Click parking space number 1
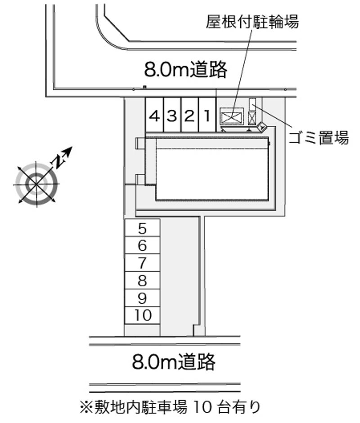pyautogui.click(x=207, y=115)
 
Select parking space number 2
pyautogui.click(x=189, y=115)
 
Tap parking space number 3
pyautogui.click(x=172, y=115)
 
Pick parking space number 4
pyautogui.click(x=154, y=115)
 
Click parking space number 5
pyautogui.click(x=142, y=228)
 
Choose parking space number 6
pyautogui.click(x=142, y=245)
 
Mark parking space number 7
pyautogui.click(x=142, y=263)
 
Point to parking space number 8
pyautogui.click(x=142, y=281)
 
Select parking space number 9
pyautogui.click(x=142, y=298)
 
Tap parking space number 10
pyautogui.click(x=142, y=316)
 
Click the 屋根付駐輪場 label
pyautogui.click(x=252, y=21)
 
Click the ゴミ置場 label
pyautogui.click(x=319, y=138)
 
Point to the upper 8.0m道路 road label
pyautogui.click(x=185, y=70)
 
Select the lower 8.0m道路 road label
pyautogui.click(x=174, y=361)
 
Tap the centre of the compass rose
pyautogui.click(x=36, y=184)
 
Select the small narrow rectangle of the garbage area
pyautogui.click(x=252, y=104)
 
